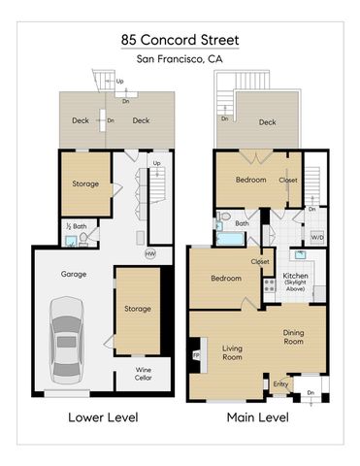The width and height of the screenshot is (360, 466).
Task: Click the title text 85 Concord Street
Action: click(180, 40)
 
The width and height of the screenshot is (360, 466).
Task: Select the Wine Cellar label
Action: click(142, 374)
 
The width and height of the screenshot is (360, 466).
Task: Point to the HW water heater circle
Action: click(149, 254)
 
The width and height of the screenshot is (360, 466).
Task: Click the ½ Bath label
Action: click(74, 226)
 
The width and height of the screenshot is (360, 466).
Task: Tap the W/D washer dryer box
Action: click(316, 237)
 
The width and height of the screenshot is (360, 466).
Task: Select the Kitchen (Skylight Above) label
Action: click(295, 281)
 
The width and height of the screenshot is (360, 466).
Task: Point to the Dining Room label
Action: click(293, 337)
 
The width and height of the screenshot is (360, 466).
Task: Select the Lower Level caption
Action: click(102, 417)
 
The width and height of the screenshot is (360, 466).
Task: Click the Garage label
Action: click(74, 274)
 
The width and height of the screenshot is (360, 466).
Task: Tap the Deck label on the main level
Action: click(267, 122)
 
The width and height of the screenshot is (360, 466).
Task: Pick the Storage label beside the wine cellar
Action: click(137, 309)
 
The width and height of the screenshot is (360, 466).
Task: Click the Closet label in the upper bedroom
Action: click(288, 180)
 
